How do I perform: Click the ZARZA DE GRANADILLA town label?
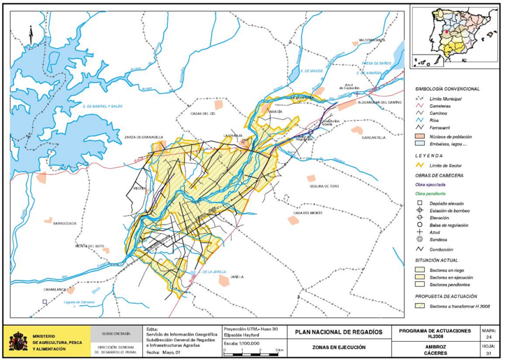144,137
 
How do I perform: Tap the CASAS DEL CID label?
203,113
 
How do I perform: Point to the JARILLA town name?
237,277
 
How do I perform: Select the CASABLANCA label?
54,290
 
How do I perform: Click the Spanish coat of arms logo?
18,341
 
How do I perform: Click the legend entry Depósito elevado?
442,203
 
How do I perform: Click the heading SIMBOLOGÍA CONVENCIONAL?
447,89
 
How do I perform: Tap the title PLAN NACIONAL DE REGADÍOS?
338,332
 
